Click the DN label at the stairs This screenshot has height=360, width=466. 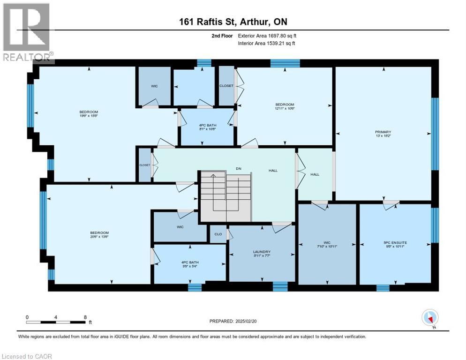click(238, 170)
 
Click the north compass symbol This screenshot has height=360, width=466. click(430, 318)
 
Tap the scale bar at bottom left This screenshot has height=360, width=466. click(56, 322)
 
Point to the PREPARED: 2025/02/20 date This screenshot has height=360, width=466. click(233, 321)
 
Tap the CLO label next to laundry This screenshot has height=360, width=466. click(218, 234)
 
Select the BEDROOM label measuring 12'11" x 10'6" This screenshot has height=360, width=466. click(285, 106)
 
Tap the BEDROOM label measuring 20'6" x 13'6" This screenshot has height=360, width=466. click(99, 235)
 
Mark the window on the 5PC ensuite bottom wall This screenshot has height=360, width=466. click(383, 287)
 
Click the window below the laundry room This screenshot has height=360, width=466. click(280, 286)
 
